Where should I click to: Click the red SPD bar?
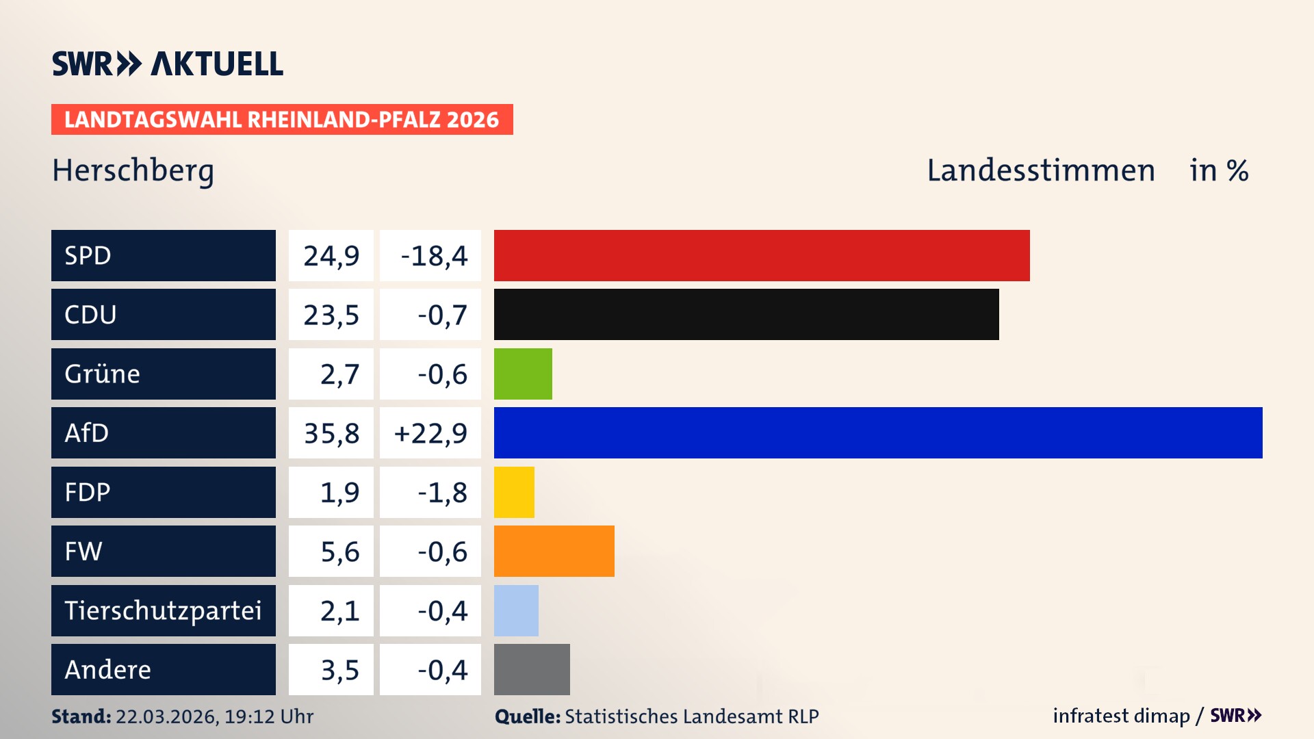pyautogui.click(x=761, y=255)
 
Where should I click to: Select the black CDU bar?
pyautogui.click(x=746, y=314)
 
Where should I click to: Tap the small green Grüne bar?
pyautogui.click(x=523, y=374)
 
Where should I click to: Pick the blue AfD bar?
pyautogui.click(x=877, y=432)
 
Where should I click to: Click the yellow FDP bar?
pyautogui.click(x=514, y=492)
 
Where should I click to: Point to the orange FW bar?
pyautogui.click(x=554, y=551)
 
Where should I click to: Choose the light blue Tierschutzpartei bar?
pyautogui.click(x=516, y=610)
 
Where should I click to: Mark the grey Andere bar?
pyautogui.click(x=532, y=669)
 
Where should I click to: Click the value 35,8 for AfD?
pyautogui.click(x=331, y=433)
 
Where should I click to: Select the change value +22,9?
pyautogui.click(x=430, y=433)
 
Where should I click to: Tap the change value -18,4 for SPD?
pyautogui.click(x=434, y=256)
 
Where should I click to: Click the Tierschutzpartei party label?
pyautogui.click(x=163, y=610)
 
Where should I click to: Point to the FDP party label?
pyautogui.click(x=88, y=492)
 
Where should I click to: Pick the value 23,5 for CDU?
pyautogui.click(x=331, y=315)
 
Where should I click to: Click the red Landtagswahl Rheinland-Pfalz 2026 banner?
pyautogui.click(x=281, y=119)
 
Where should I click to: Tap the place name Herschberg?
pyautogui.click(x=133, y=170)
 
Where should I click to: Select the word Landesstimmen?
pyautogui.click(x=1040, y=170)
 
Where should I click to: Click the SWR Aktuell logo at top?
pyautogui.click(x=168, y=64)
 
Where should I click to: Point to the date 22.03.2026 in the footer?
pyautogui.click(x=166, y=716)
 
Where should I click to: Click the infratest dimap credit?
pyautogui.click(x=1120, y=716)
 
